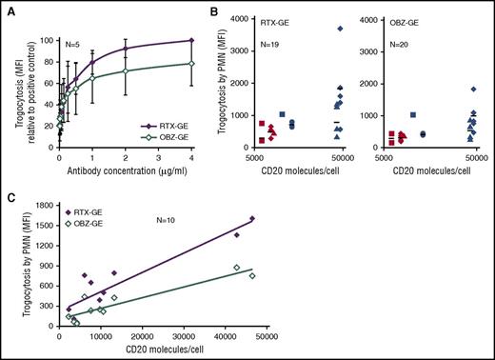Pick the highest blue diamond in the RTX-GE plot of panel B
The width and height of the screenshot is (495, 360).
point(340,29)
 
